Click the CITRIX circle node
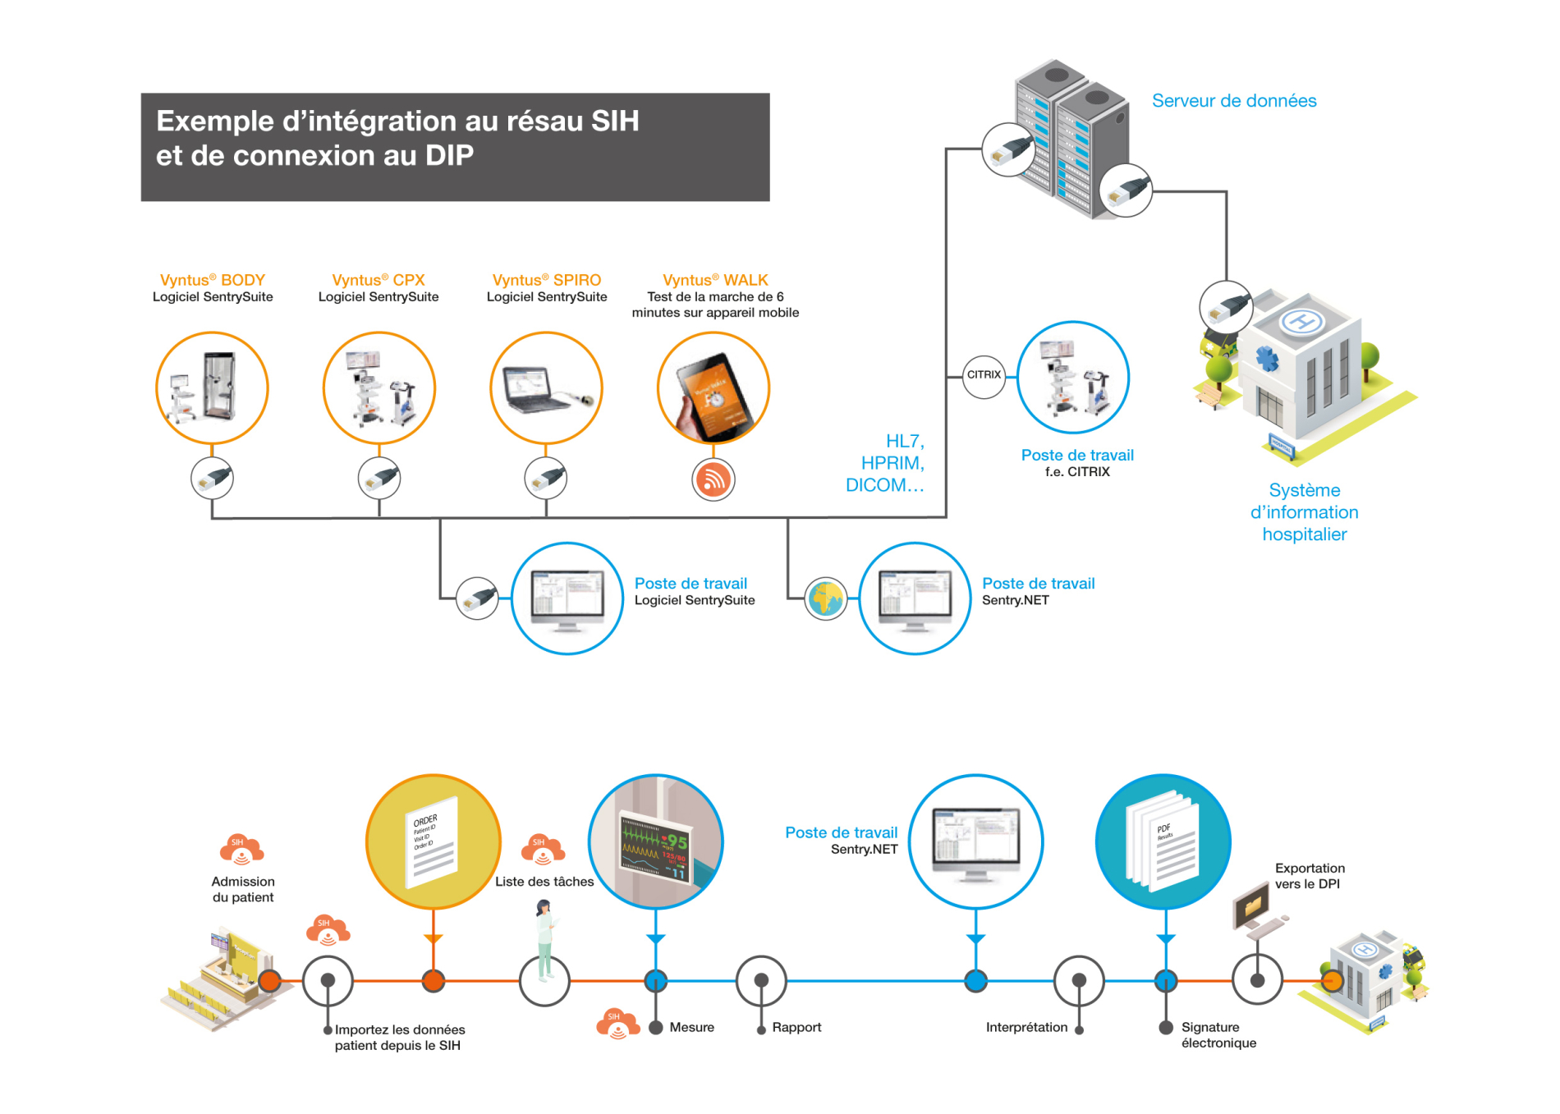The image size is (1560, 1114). (984, 376)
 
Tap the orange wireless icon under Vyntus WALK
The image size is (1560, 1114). (713, 479)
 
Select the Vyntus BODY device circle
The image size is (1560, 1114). (212, 387)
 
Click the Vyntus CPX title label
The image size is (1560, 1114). (378, 280)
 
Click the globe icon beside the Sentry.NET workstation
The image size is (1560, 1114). (826, 598)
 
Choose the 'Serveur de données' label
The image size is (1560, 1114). (1233, 101)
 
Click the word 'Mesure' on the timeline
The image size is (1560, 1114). (691, 1027)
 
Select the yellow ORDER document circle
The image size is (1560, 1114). (433, 841)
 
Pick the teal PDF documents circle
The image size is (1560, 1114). (1163, 841)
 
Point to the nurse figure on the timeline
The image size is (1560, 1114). (544, 940)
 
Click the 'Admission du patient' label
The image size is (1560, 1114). (243, 889)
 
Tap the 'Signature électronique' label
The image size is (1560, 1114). (1218, 1034)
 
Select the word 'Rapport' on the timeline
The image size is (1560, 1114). (796, 1027)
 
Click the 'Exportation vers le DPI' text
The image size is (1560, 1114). (1309, 876)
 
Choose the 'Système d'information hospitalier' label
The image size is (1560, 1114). (1304, 512)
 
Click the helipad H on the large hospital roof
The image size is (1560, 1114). (1302, 321)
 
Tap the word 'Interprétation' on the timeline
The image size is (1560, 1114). (1026, 1027)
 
